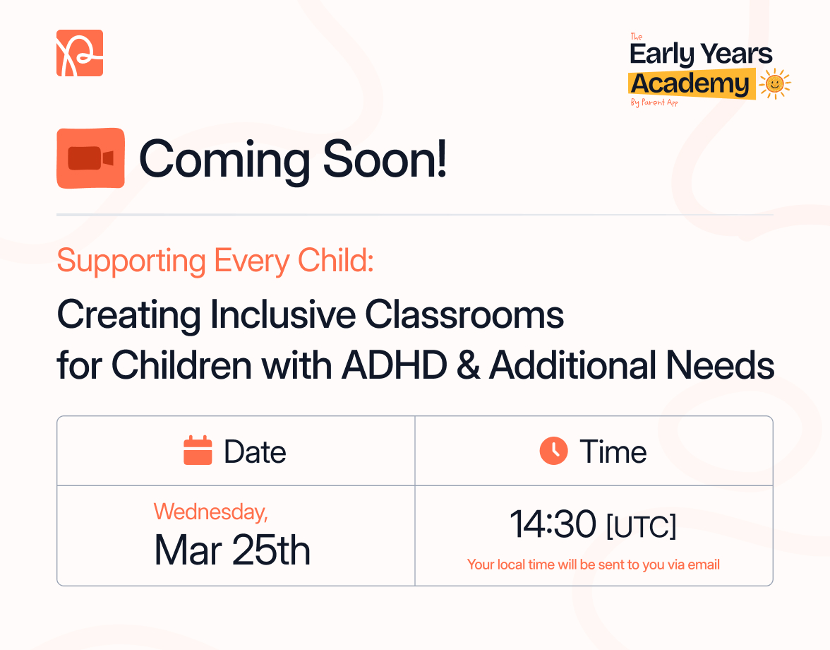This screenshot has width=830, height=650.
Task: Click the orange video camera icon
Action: click(x=90, y=158)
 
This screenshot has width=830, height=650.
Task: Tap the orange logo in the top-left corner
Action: click(x=80, y=53)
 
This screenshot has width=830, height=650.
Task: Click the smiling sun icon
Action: click(x=774, y=83)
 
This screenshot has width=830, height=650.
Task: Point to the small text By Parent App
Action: click(x=654, y=103)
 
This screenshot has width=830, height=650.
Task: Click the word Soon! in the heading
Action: click(x=385, y=159)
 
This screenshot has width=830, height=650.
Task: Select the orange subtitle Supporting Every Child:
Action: click(x=215, y=261)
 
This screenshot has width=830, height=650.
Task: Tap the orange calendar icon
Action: click(x=198, y=451)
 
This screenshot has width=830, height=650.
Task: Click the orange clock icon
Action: click(x=553, y=451)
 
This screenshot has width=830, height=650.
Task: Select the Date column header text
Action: click(x=255, y=452)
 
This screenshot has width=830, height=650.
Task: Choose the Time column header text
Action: click(x=613, y=452)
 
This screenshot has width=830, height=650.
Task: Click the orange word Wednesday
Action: click(x=210, y=511)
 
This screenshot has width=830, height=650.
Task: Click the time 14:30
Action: click(x=553, y=525)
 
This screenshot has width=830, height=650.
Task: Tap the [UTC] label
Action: click(x=641, y=527)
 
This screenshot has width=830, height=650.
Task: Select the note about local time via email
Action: click(x=594, y=565)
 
